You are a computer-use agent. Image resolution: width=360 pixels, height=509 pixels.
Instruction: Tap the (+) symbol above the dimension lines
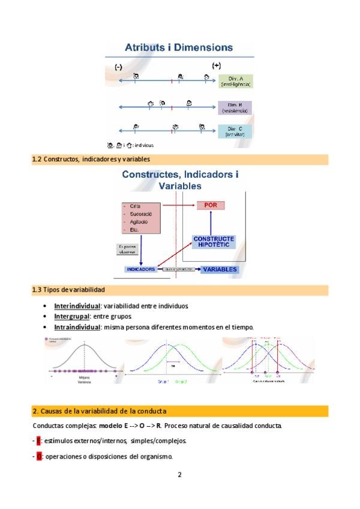click(216, 65)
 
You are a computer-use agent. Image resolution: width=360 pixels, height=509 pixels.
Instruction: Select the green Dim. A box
click(235, 81)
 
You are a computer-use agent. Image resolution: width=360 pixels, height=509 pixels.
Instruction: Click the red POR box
click(210, 205)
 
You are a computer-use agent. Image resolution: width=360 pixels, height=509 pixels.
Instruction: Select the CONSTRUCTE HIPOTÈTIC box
click(214, 242)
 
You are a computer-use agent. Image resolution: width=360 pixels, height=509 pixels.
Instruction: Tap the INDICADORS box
click(140, 270)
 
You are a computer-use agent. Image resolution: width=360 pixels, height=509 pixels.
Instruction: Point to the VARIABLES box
click(220, 270)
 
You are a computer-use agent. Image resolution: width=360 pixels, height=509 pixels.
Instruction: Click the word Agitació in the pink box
click(139, 221)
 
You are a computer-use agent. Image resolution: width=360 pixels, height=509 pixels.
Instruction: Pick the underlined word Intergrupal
click(71, 316)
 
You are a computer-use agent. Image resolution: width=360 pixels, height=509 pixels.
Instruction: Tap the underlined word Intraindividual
click(77, 327)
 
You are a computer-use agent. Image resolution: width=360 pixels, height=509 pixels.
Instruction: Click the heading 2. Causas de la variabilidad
click(99, 411)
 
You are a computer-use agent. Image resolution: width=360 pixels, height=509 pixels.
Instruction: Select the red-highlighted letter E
click(38, 441)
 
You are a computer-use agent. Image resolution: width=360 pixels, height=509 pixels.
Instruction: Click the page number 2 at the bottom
click(179, 475)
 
